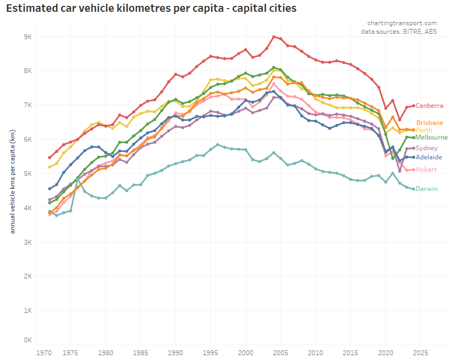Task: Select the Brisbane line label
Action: click(430, 123)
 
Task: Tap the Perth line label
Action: click(424, 130)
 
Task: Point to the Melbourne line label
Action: click(431, 137)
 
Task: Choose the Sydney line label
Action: click(426, 148)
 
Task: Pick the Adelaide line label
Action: click(429, 157)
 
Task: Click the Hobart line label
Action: click(426, 170)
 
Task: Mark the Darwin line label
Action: click(426, 189)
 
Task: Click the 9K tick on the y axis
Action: click(27, 36)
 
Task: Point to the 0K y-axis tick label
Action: click(27, 340)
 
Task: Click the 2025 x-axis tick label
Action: click(420, 352)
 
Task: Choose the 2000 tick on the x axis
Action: click(245, 352)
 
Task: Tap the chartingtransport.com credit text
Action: click(402, 23)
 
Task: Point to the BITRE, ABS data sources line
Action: click(399, 32)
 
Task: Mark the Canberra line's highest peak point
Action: click(274, 37)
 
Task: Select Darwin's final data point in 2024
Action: click(414, 188)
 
